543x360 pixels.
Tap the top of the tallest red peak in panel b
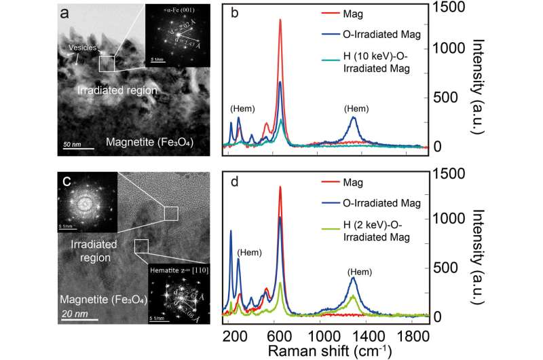[280, 20]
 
